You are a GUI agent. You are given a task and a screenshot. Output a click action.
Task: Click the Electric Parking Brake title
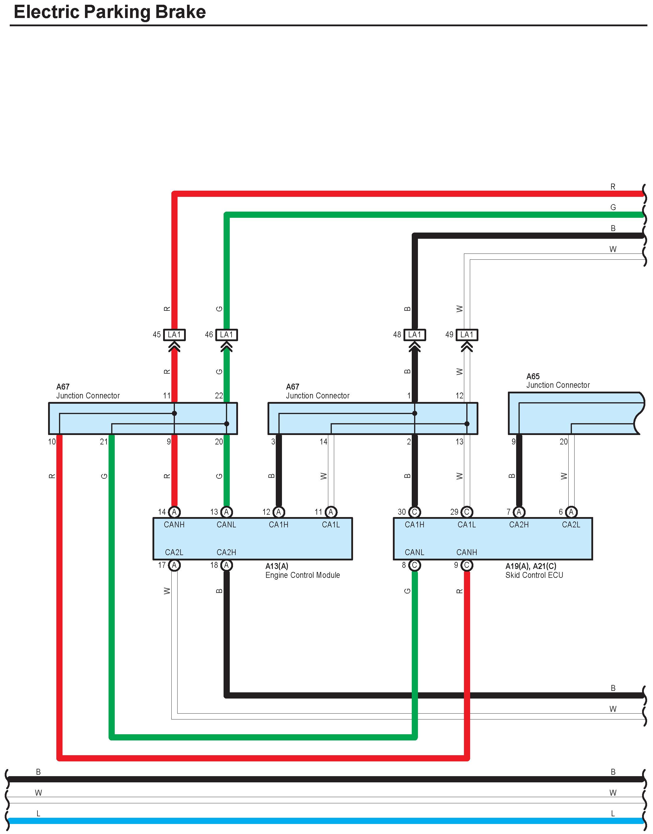(x=110, y=12)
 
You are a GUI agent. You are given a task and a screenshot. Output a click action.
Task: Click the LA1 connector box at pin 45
(x=174, y=335)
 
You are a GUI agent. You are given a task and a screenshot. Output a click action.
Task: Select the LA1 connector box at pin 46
(x=227, y=335)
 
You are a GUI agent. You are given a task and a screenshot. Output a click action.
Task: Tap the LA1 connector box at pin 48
(x=414, y=335)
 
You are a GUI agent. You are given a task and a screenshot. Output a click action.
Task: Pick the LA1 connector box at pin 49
(x=467, y=335)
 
